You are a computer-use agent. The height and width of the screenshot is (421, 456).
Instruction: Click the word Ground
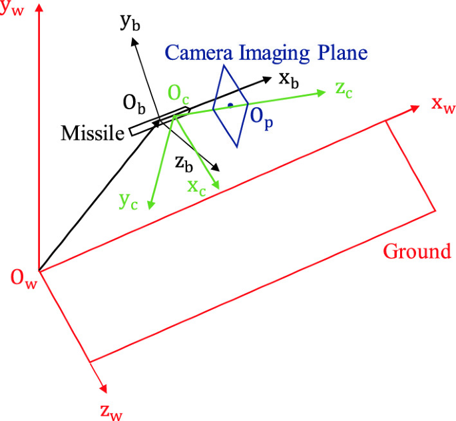click(417, 251)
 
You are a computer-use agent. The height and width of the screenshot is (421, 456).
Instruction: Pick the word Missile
click(93, 133)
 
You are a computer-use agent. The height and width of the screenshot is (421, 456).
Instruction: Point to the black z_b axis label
click(184, 162)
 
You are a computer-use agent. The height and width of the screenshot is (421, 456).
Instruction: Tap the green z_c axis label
click(343, 91)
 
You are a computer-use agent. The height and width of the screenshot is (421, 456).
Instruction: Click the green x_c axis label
click(196, 187)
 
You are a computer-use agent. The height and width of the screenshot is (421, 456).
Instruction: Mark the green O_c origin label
click(178, 95)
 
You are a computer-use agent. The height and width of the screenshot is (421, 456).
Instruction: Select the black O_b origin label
click(133, 105)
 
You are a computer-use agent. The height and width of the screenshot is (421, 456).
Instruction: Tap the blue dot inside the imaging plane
click(230, 105)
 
